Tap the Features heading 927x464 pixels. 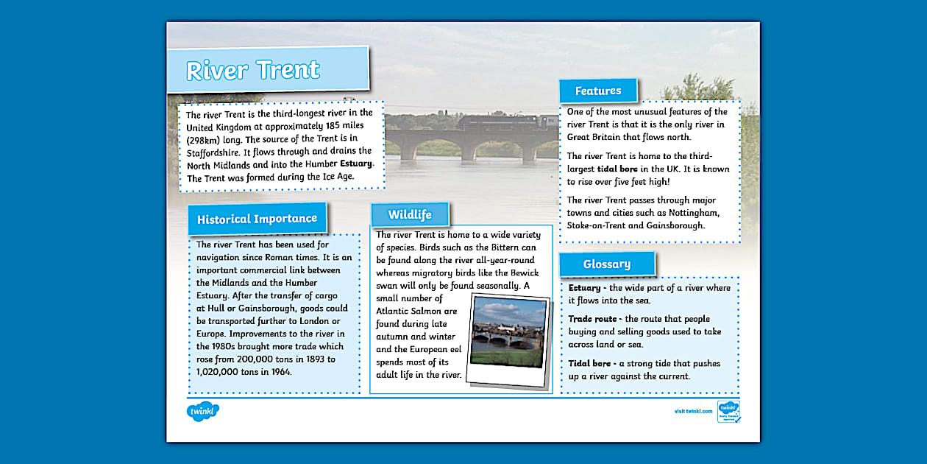[x=597, y=91]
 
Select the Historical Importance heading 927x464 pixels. [x=257, y=219]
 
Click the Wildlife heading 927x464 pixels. [x=410, y=214]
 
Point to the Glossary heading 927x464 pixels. [x=606, y=264]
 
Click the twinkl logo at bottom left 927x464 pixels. [x=203, y=411]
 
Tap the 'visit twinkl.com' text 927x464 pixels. [x=693, y=411]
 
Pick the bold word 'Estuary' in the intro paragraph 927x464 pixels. [x=356, y=164]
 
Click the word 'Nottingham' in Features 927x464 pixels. [x=692, y=213]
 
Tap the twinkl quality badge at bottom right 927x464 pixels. [x=728, y=411]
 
